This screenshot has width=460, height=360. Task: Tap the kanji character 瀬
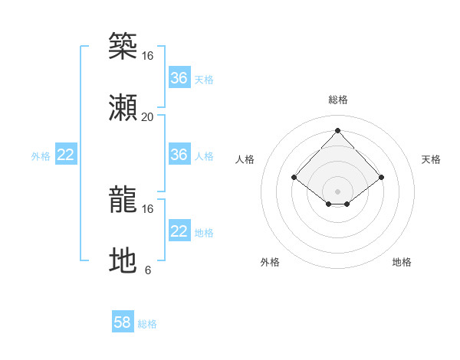tap(123, 107)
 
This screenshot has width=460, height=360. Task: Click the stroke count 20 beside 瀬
tap(147, 117)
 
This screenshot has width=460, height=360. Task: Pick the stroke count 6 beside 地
tap(147, 270)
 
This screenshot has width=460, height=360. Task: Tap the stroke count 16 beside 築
tap(147, 56)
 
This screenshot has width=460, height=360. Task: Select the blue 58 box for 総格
tap(123, 322)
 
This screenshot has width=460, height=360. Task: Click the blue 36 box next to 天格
tap(179, 78)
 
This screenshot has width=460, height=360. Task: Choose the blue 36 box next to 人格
tap(179, 155)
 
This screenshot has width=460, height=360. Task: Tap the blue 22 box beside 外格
tap(66, 155)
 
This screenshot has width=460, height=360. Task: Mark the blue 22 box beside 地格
tap(179, 231)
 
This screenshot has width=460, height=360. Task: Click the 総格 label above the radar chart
tap(337, 100)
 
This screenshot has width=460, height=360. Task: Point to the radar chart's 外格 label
tap(270, 262)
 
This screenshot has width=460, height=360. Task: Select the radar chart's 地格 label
tap(402, 262)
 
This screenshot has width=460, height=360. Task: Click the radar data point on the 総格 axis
tap(337, 130)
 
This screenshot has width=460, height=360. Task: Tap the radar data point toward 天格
tap(381, 177)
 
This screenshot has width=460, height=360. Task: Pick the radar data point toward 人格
tap(294, 177)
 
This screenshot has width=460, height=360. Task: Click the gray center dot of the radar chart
tap(337, 191)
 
